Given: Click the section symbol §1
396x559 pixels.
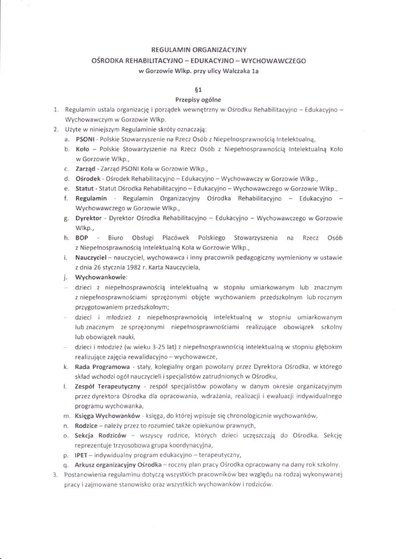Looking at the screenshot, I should (x=198, y=89).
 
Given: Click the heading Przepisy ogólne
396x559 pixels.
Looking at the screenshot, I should (x=198, y=99).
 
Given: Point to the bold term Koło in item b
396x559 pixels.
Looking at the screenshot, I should (x=82, y=148).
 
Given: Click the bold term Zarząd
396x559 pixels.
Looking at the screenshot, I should (x=86, y=169).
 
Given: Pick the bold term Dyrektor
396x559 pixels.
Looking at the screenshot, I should (x=89, y=218).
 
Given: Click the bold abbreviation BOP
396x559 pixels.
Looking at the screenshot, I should (x=81, y=238).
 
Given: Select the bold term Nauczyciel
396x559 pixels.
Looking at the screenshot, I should (x=91, y=258).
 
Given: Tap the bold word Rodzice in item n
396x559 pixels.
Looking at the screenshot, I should (x=87, y=425).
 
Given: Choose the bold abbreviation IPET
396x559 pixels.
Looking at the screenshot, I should (x=82, y=455).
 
